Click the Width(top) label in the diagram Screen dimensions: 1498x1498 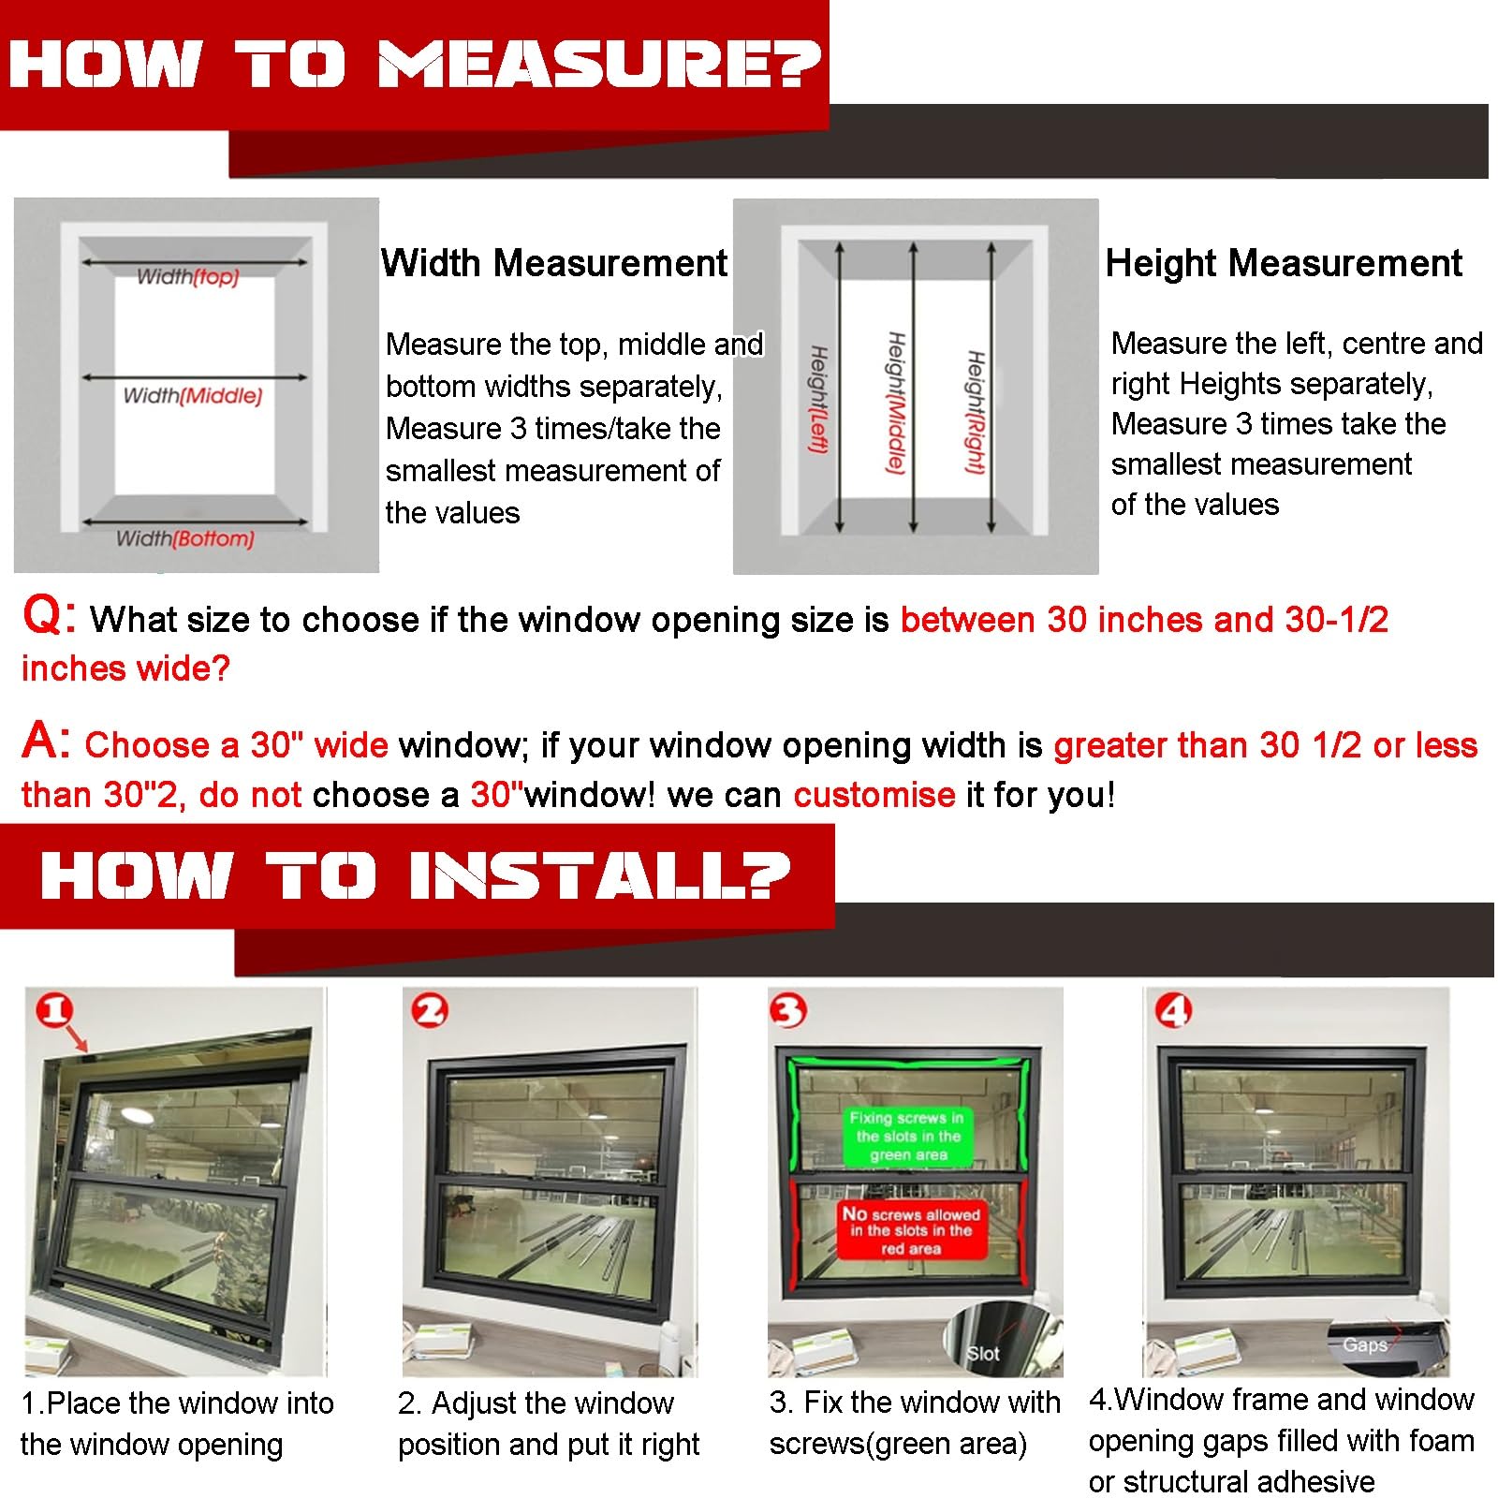pyautogui.click(x=187, y=277)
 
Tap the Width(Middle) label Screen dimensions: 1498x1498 pyautogui.click(x=193, y=396)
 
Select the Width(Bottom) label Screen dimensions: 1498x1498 pyautogui.click(x=185, y=538)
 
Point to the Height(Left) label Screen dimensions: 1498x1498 pyautogui.click(x=817, y=400)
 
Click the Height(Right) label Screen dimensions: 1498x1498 pyautogui.click(x=976, y=412)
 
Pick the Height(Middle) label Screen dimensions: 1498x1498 pyautogui.click(x=896, y=403)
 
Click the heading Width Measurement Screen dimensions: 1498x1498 pyautogui.click(x=554, y=263)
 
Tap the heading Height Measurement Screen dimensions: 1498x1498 pyautogui.click(x=1284, y=263)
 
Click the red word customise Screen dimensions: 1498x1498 pyautogui.click(x=874, y=795)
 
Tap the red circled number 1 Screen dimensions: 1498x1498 pyautogui.click(x=54, y=1010)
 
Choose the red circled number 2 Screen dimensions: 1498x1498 pyautogui.click(x=431, y=1010)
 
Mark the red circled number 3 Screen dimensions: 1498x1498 pyautogui.click(x=788, y=1010)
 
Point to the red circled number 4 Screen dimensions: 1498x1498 pyautogui.click(x=1174, y=1010)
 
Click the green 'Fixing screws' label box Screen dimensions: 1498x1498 pyautogui.click(x=907, y=1137)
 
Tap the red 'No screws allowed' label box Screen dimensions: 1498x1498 pyautogui.click(x=911, y=1230)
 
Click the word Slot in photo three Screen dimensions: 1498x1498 pyautogui.click(x=983, y=1354)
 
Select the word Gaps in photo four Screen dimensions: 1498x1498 pyautogui.click(x=1365, y=1345)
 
